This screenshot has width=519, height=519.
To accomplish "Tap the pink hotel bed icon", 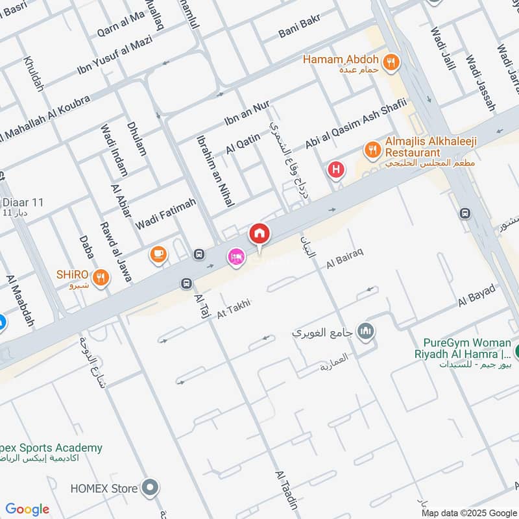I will tap(235, 258).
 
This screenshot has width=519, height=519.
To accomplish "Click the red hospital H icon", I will tap(336, 171).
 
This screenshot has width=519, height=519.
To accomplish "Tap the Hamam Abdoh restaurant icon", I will tap(391, 62).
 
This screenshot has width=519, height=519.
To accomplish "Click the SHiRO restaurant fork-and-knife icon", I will tap(101, 278).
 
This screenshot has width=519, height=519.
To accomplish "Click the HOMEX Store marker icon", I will tap(151, 486).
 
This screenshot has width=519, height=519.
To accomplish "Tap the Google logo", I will tap(27, 509).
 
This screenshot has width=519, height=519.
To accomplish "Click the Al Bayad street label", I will tap(476, 295).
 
